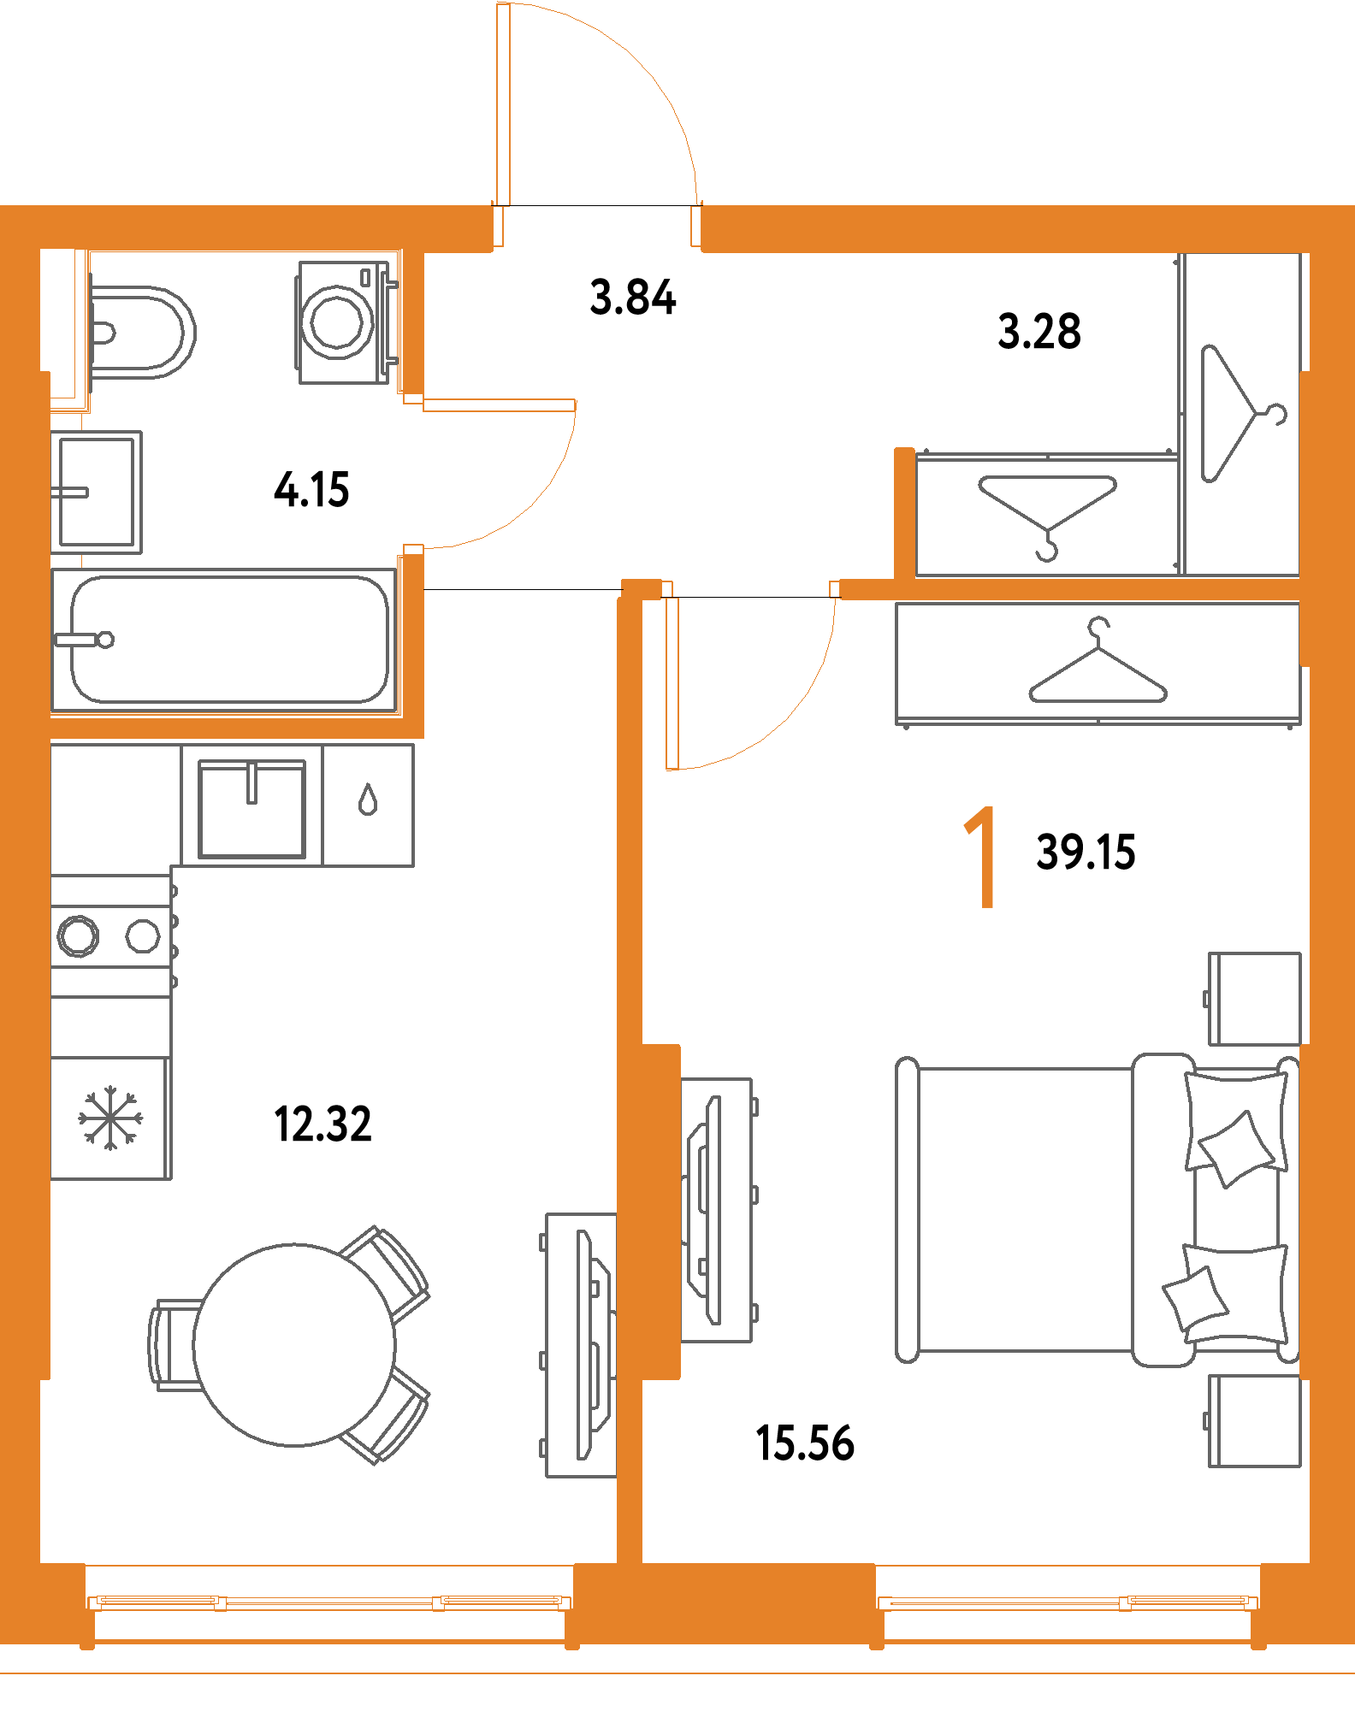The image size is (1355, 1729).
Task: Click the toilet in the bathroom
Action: [x=141, y=332]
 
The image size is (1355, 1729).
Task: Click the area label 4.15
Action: [x=311, y=490]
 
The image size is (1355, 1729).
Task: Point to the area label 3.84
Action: [x=633, y=298]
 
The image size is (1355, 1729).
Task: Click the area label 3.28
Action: [x=1038, y=332]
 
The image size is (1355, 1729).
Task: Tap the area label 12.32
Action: [x=322, y=1124]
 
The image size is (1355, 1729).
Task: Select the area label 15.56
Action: [x=805, y=1443]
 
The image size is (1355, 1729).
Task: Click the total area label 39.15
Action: [x=1086, y=853]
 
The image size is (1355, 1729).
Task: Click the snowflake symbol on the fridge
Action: [x=110, y=1118]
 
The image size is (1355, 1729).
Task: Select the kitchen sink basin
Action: [x=251, y=809]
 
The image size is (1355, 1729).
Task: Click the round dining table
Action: [x=294, y=1344]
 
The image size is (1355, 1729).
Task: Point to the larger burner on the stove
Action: [x=78, y=935]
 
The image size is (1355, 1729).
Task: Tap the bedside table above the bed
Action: [x=1254, y=998]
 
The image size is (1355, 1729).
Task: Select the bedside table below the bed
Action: [x=1254, y=1421]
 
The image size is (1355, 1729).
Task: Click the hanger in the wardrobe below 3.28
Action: [x=1047, y=511]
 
